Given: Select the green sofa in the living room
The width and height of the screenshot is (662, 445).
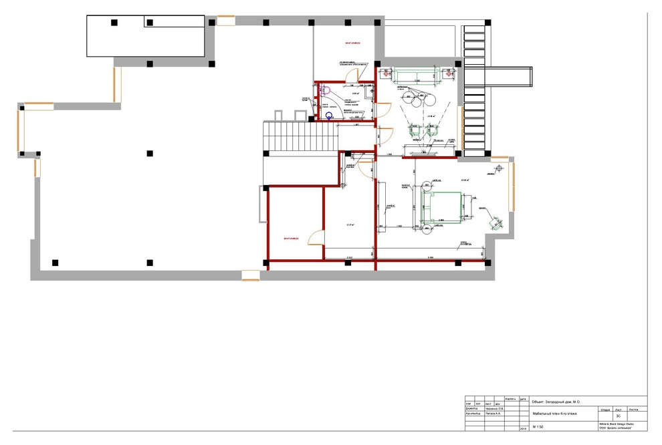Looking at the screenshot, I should pyautogui.click(x=415, y=76).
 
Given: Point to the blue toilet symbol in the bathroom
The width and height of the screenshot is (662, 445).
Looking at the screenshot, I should pyautogui.click(x=328, y=116).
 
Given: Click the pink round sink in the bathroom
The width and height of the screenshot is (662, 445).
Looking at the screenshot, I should pyautogui.click(x=327, y=88).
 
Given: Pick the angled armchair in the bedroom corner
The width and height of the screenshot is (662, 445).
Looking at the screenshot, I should pyautogui.click(x=495, y=218).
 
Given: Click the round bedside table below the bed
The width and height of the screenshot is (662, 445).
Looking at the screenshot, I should pyautogui.click(x=427, y=231).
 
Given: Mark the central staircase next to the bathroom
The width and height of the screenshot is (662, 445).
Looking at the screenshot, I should pyautogui.click(x=301, y=137).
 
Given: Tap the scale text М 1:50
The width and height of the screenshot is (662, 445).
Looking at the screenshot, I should pyautogui.click(x=539, y=425).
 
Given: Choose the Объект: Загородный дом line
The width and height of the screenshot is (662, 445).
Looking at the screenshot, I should pyautogui.click(x=555, y=402).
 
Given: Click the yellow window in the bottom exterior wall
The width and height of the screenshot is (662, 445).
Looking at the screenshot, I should pyautogui.click(x=250, y=275).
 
